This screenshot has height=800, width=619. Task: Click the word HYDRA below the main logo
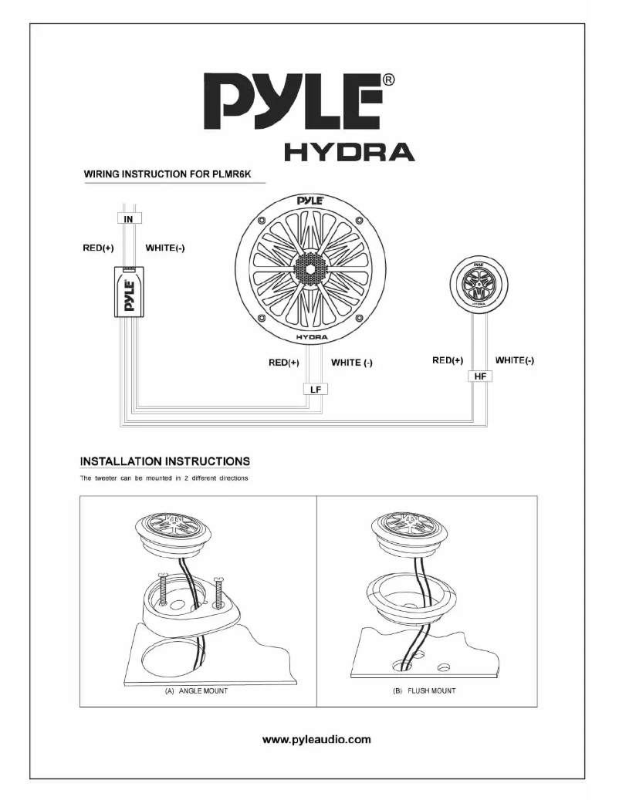(349, 153)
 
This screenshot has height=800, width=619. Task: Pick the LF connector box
(315, 390)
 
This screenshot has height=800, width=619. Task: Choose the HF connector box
(479, 376)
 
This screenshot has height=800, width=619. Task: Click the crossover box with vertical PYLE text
(129, 292)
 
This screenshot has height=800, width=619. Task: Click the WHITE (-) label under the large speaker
(352, 362)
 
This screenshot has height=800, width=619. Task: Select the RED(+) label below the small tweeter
(448, 359)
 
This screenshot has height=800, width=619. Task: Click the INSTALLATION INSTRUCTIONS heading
(165, 462)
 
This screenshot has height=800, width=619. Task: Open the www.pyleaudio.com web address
(317, 739)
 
